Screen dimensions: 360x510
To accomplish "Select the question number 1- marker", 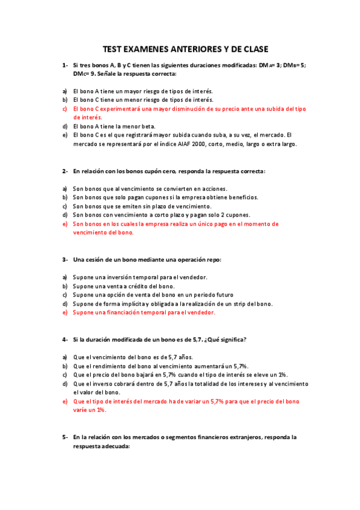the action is point(64,65).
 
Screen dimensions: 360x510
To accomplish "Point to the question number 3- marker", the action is point(64,260).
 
